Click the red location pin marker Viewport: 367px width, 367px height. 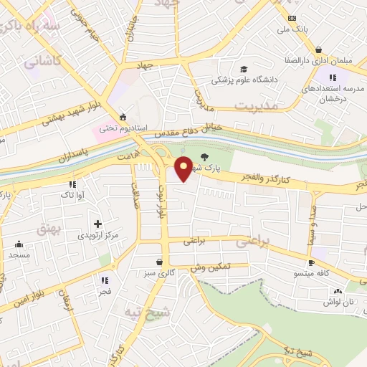184,168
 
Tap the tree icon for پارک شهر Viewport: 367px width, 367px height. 206,157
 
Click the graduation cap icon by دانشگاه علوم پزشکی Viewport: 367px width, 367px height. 244,70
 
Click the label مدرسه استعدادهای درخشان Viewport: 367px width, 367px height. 330,90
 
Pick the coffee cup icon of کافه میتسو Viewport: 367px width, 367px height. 312,262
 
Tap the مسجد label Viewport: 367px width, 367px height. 19,254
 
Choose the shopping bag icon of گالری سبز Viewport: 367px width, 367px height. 158,262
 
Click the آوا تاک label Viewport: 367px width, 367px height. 74,194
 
